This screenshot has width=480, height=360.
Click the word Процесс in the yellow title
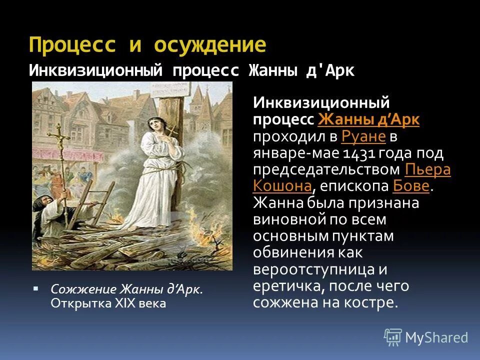click(x=72, y=45)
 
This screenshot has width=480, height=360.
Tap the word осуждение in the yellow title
click(x=210, y=45)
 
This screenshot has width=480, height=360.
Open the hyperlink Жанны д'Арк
click(x=368, y=120)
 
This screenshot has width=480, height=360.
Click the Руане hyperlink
click(x=363, y=136)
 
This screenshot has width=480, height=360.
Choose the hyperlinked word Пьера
click(x=427, y=169)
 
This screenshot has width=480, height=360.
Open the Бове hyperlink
click(x=411, y=186)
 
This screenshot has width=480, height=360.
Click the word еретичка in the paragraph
click(x=290, y=286)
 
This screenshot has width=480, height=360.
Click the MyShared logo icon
click(x=393, y=337)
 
